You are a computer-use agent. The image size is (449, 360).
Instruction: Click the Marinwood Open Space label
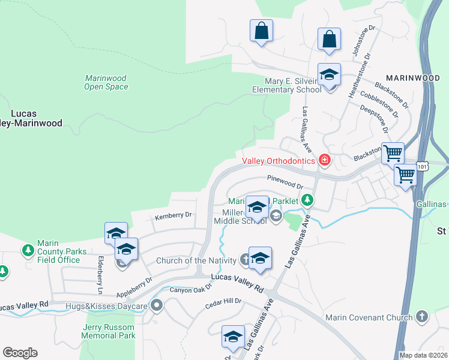(106, 82)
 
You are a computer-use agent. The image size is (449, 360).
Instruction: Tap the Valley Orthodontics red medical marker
(325, 160)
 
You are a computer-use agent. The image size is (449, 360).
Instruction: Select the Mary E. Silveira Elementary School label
(287, 85)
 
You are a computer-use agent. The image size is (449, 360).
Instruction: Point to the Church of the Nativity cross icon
(245, 260)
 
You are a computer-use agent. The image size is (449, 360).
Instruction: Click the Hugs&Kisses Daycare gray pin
(157, 306)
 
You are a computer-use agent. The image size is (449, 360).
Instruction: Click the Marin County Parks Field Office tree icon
(28, 249)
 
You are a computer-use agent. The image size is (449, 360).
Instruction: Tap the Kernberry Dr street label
(173, 215)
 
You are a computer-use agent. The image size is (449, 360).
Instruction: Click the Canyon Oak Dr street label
(191, 289)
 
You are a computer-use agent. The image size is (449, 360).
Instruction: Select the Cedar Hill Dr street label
(223, 301)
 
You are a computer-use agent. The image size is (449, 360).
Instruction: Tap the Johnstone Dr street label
(364, 40)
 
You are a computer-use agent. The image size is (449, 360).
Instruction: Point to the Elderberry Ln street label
(100, 275)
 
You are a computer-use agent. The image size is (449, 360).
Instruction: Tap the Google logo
(20, 353)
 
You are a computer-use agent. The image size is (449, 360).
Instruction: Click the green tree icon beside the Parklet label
(307, 199)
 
